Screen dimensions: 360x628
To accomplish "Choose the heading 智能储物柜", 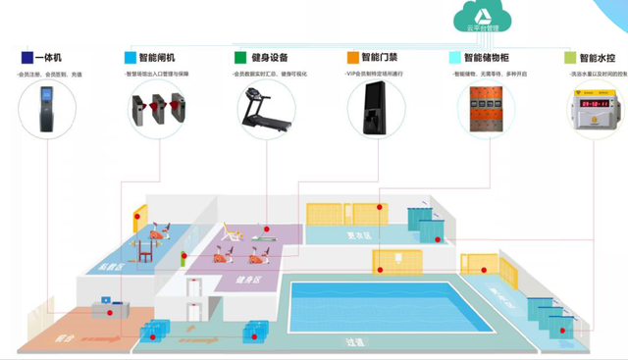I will tap(488, 58).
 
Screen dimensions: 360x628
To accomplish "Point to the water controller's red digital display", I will tap(594, 102).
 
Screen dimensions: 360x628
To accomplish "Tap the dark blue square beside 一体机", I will tap(26, 58).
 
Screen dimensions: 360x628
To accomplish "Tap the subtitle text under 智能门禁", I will tap(387, 74).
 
